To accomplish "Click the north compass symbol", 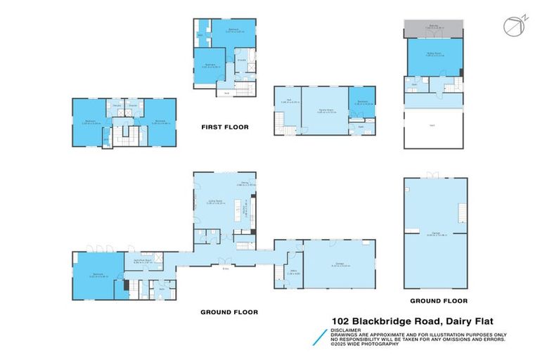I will click(x=513, y=26).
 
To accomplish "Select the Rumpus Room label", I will click(x=433, y=53).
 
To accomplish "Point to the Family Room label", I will click(x=324, y=110).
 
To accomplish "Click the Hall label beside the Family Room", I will click(x=289, y=101).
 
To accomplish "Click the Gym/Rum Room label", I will click(x=153, y=261).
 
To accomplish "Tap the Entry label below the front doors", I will click(x=225, y=269).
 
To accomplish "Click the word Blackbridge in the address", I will click(x=382, y=320).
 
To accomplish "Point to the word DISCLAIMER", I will click(x=346, y=329).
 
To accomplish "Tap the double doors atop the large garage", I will click(x=434, y=174).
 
